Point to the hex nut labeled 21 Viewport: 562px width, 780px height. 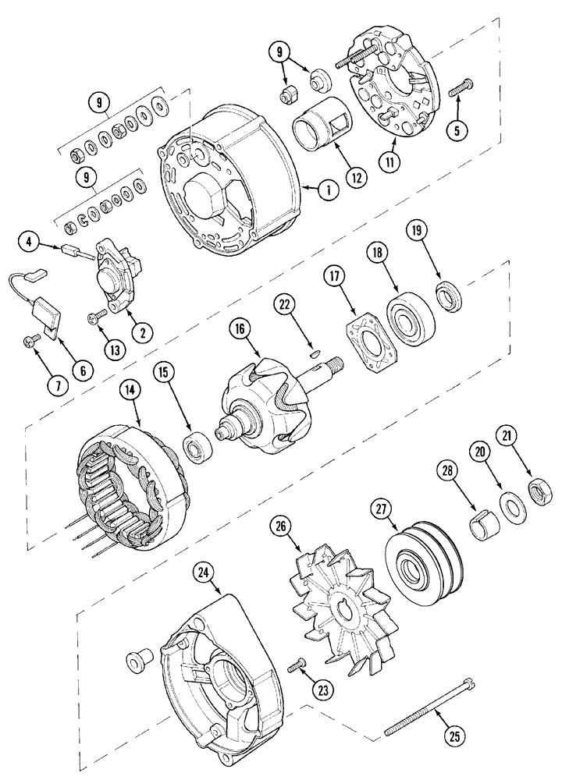537,493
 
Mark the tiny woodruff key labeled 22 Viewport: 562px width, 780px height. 312,352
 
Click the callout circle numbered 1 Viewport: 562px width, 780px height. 329,190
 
